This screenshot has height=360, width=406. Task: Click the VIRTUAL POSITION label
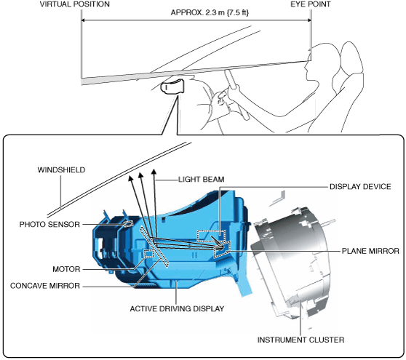[x=74, y=4]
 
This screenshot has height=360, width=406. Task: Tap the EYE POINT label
[x=311, y=4]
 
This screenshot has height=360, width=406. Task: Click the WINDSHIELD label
[x=61, y=170]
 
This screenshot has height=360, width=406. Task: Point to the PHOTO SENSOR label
[x=49, y=225]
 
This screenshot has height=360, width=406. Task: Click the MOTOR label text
[x=66, y=269]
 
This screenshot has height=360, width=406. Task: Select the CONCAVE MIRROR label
[x=45, y=286]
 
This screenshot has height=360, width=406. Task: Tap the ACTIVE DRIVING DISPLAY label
[x=177, y=309]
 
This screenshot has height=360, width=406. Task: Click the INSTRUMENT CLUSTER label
[x=300, y=340]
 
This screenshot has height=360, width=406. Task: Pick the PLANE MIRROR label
[x=370, y=251]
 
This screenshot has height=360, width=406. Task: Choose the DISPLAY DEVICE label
[x=360, y=187]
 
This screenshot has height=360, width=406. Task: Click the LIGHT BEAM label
[x=202, y=180]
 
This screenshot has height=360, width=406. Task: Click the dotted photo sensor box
[x=128, y=223]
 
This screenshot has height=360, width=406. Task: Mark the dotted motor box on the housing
[x=149, y=254]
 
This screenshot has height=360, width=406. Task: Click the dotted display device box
[x=211, y=236]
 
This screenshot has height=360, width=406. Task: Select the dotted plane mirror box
[x=222, y=249]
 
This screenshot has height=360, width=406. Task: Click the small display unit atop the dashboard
[x=173, y=87]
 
